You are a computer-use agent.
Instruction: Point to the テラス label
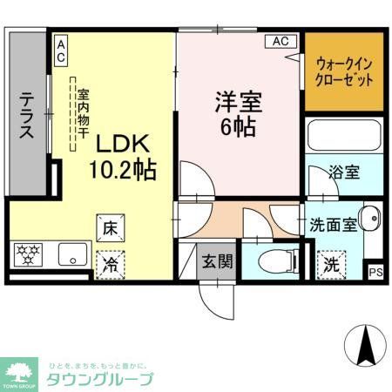(x=25, y=118)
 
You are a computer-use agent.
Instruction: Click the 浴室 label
(x=344, y=172)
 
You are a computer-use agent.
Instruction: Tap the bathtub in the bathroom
(x=344, y=139)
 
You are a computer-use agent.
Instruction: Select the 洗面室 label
(x=332, y=224)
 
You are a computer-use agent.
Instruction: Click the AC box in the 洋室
(x=281, y=41)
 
